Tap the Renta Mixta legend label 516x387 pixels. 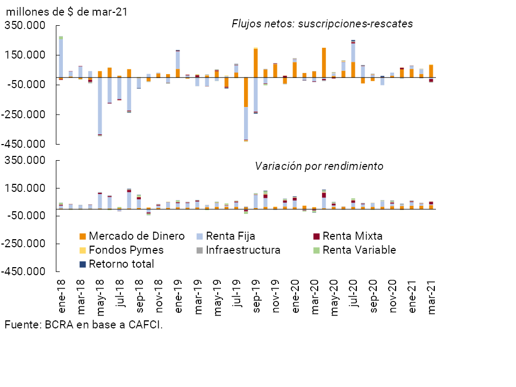pyautogui.click(x=353, y=236)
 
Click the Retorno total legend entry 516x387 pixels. pyautogui.click(x=121, y=264)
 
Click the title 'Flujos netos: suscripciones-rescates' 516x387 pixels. pyautogui.click(x=322, y=24)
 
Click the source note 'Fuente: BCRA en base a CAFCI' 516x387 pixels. pyautogui.click(x=83, y=325)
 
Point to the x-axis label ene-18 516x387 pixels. pyautogui.click(x=61, y=295)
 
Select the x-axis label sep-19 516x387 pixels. pyautogui.click(x=256, y=295)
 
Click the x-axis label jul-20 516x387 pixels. pyautogui.click(x=354, y=295)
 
